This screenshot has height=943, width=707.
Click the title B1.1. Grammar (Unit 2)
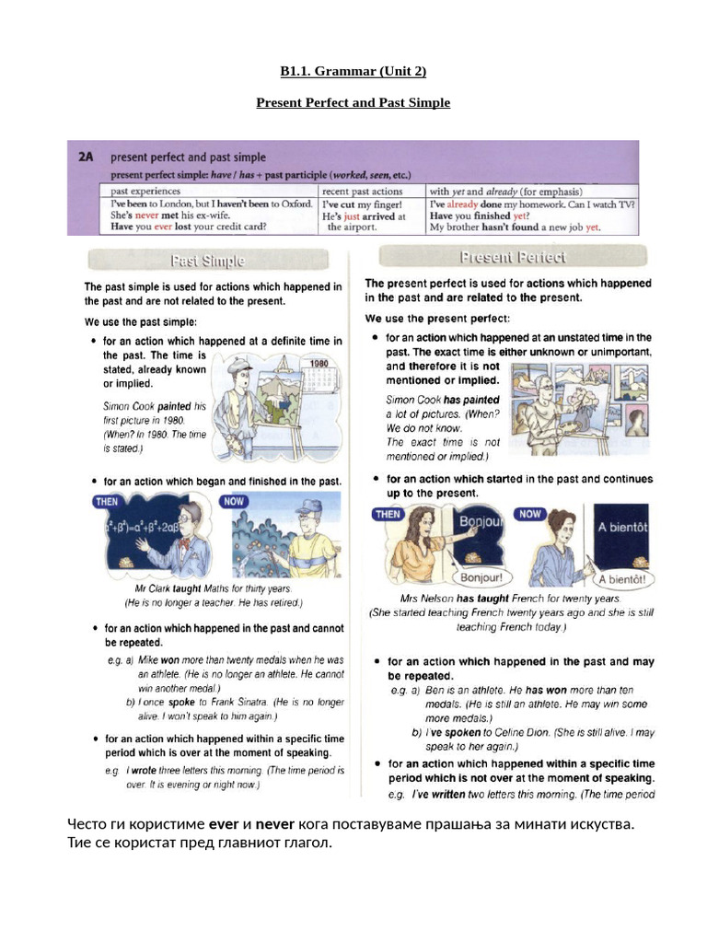pos(353,72)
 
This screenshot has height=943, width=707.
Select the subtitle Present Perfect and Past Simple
pos(353,102)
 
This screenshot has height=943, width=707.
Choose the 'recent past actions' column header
pos(363,192)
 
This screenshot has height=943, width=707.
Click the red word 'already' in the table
pos(465,204)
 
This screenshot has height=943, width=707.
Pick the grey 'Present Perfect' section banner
pos(513,257)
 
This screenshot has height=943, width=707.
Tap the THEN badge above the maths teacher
pos(109,502)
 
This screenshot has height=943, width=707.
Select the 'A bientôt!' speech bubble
pos(621,580)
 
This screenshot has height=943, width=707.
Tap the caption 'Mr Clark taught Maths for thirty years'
pos(213,588)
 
